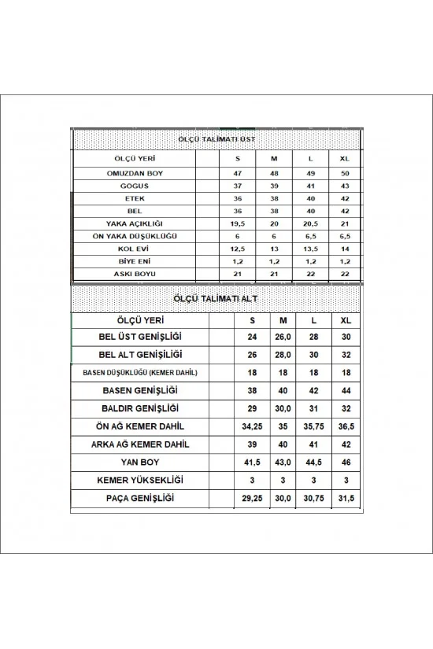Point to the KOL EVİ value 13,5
(x=309, y=248)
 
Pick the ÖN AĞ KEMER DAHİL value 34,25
(x=252, y=427)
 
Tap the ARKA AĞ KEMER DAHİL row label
(x=142, y=444)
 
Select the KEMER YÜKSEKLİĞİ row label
(x=142, y=481)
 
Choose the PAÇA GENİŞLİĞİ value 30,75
(x=313, y=499)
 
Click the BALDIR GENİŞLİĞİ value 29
(x=252, y=408)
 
